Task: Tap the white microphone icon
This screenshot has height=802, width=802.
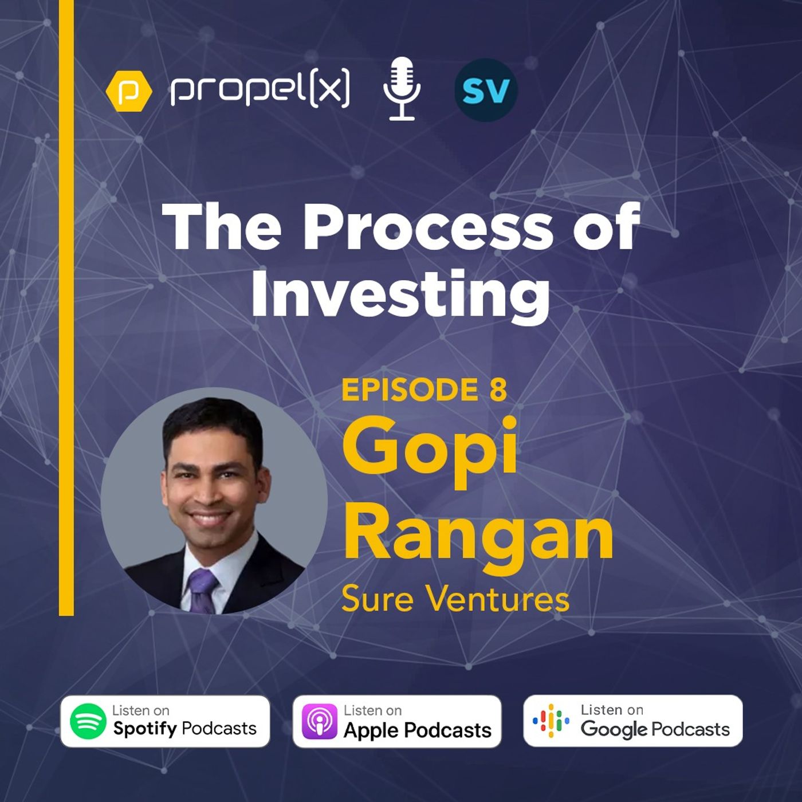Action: click(402, 89)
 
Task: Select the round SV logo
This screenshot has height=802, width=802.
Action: click(486, 91)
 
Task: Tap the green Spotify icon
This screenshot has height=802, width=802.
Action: click(88, 721)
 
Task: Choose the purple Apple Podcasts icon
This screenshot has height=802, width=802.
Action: click(319, 721)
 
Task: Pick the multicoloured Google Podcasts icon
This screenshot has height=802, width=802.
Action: click(551, 721)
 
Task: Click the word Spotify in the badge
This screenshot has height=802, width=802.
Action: click(146, 729)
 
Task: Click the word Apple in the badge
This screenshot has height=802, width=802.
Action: click(371, 730)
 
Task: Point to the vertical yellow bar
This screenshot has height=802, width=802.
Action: click(66, 308)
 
